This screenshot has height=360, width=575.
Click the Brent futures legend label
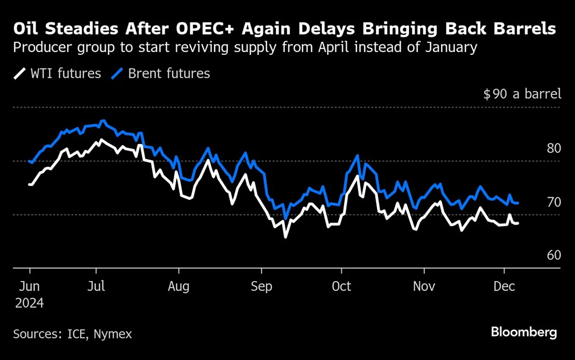tap(169, 73)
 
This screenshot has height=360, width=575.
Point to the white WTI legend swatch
tap(20, 73)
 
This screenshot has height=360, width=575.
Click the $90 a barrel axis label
tap(522, 94)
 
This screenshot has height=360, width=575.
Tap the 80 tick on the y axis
tap(554, 148)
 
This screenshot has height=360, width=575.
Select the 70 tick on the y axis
tap(554, 202)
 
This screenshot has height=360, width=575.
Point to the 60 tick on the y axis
tap(554, 255)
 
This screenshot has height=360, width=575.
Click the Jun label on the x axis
tap(28, 287)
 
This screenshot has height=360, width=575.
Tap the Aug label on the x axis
tap(179, 287)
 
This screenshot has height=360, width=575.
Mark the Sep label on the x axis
tap(261, 287)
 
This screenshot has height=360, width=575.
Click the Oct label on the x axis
tap(341, 287)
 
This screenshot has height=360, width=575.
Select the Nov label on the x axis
tap(423, 287)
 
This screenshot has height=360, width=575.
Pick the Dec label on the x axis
tap(504, 287)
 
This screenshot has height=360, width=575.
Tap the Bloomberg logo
tap(524, 332)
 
